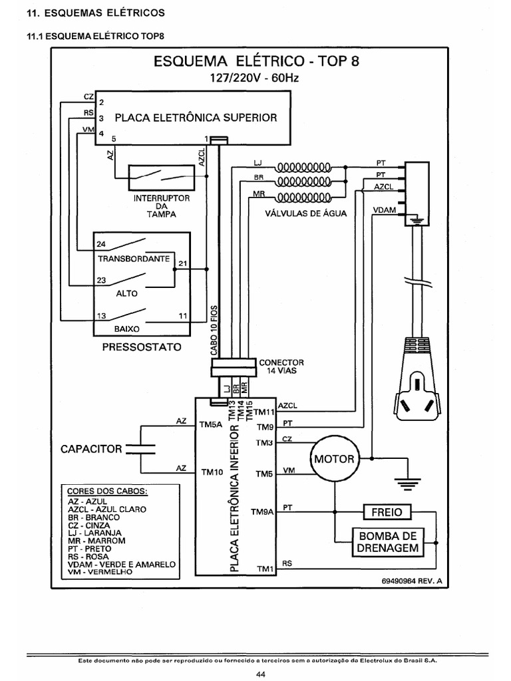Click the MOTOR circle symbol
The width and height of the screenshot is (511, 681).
coord(334,460)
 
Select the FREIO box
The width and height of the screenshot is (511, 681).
coord(387,512)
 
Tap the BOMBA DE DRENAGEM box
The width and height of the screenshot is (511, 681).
coord(388,542)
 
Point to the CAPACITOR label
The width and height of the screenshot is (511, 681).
coord(92,448)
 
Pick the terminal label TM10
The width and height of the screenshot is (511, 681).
coord(211,472)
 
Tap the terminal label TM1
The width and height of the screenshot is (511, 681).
coord(265,568)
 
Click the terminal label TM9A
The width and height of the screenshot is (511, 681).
coord(262,512)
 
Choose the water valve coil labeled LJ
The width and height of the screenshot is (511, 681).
coord(303,166)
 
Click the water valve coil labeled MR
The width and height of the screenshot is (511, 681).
coord(303,197)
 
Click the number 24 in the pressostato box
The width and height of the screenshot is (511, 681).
coord(101,243)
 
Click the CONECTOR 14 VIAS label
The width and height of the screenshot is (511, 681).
coord(281,366)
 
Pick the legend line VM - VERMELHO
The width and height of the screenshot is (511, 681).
coord(100,571)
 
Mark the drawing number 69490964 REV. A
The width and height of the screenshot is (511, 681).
coord(411,581)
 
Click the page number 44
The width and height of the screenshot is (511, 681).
coord(260,675)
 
